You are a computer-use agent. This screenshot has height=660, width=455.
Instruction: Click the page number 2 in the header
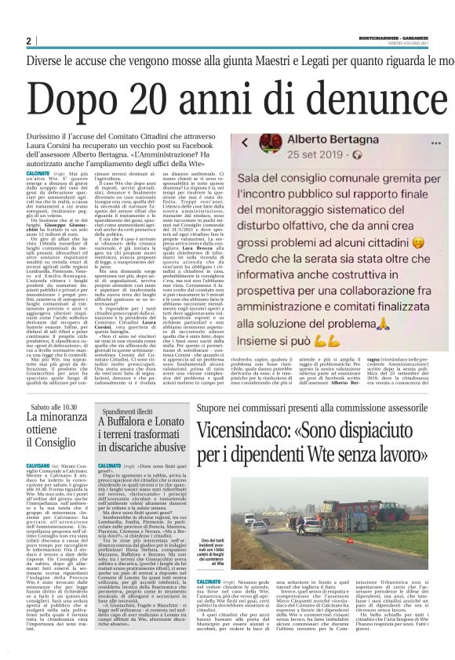tap(29, 41)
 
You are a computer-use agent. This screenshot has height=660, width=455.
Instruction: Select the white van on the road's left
tap(271, 527)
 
